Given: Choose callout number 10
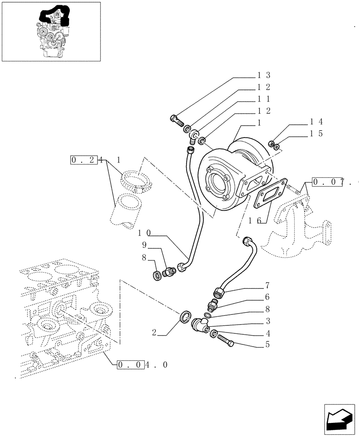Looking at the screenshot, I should [x=145, y=233].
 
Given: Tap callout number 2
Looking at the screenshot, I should [x=154, y=333].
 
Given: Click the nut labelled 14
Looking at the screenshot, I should [x=273, y=142].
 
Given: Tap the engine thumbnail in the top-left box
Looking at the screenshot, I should [x=52, y=31].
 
